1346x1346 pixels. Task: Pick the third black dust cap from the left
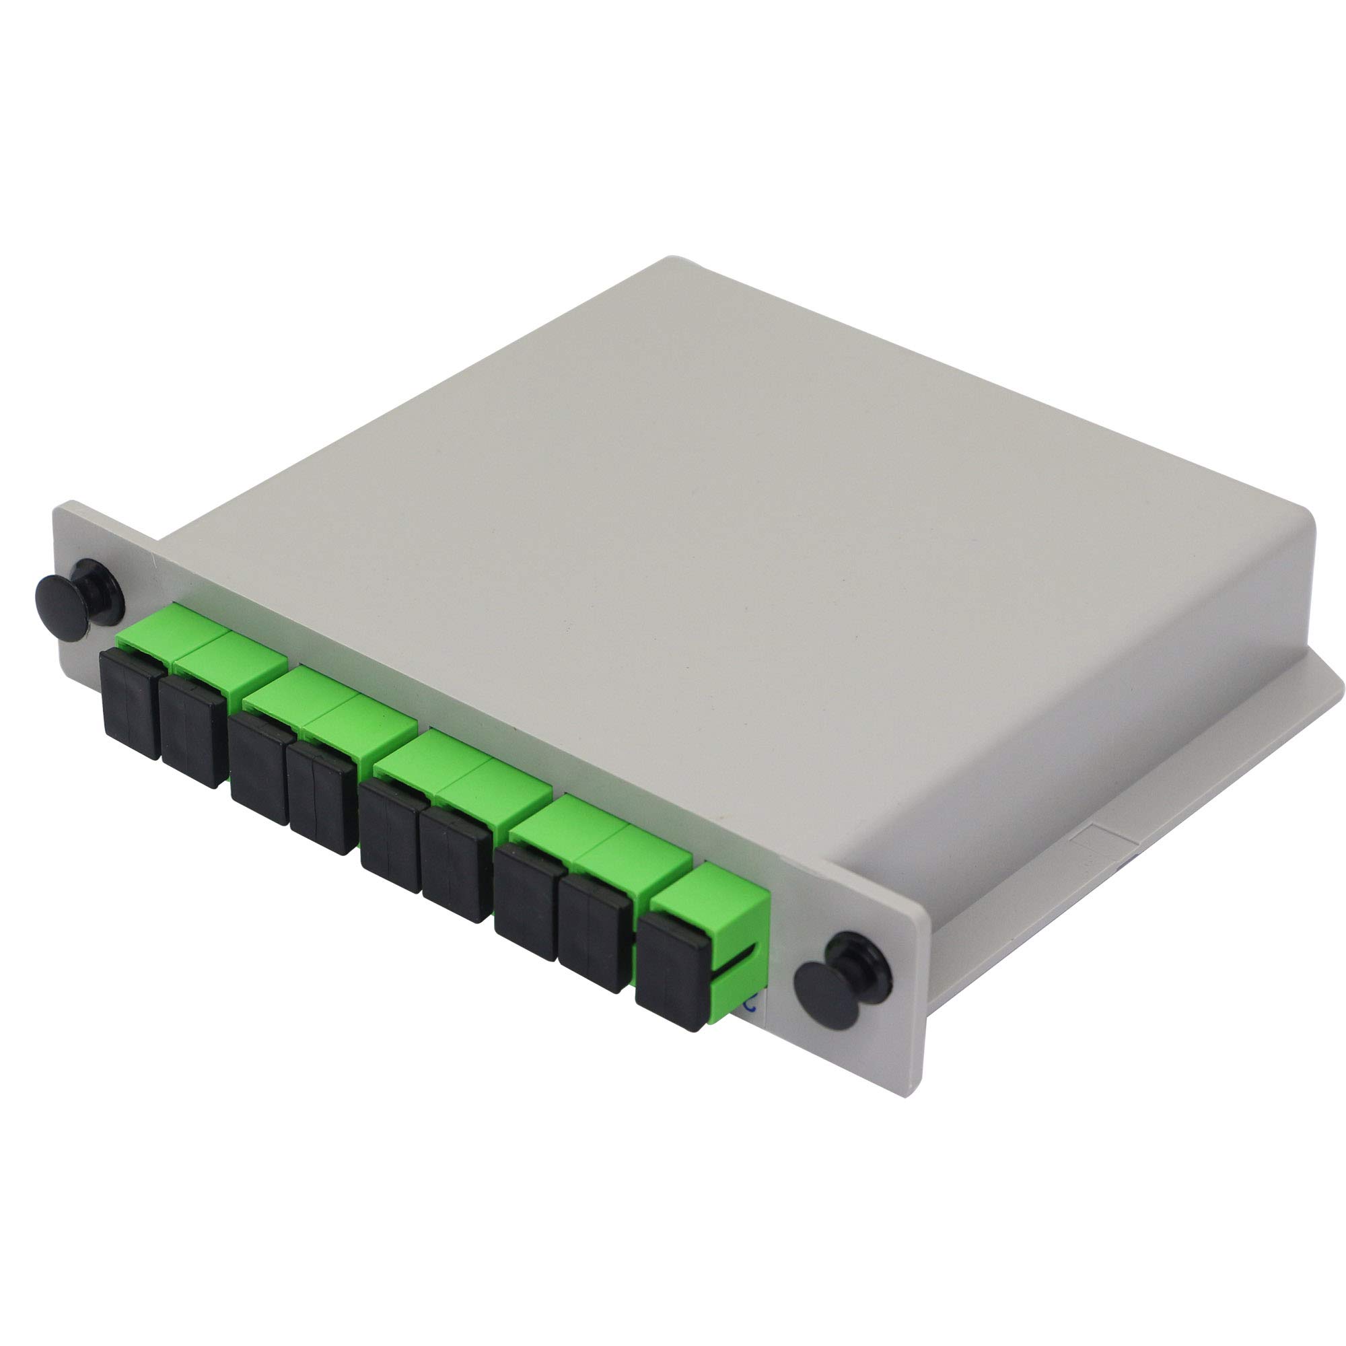pos(258,767)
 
